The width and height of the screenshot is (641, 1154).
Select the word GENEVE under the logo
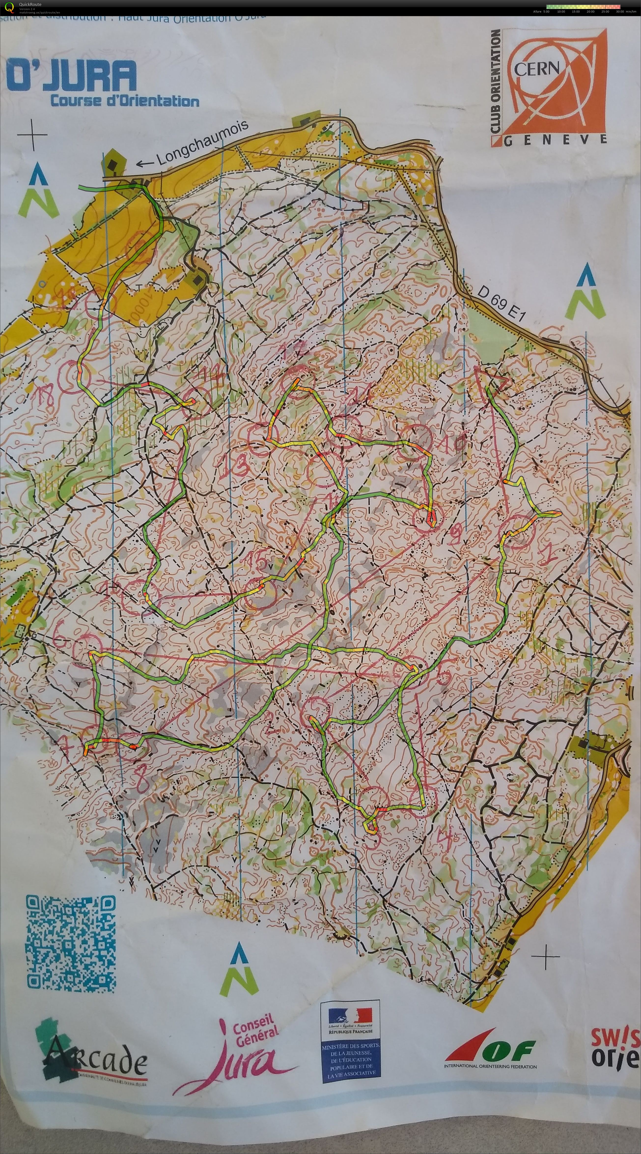point(556,140)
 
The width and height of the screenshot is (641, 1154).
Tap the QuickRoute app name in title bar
point(30,4)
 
